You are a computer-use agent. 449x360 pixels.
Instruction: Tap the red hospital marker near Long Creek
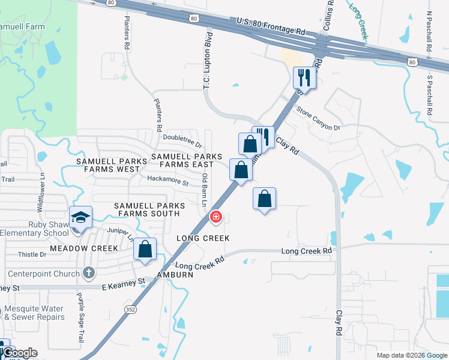[215, 217]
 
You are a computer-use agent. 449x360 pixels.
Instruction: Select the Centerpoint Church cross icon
[89, 274]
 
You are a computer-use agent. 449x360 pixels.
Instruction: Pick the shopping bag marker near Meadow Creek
[145, 249]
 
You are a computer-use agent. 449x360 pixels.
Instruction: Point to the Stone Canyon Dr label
[318, 118]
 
